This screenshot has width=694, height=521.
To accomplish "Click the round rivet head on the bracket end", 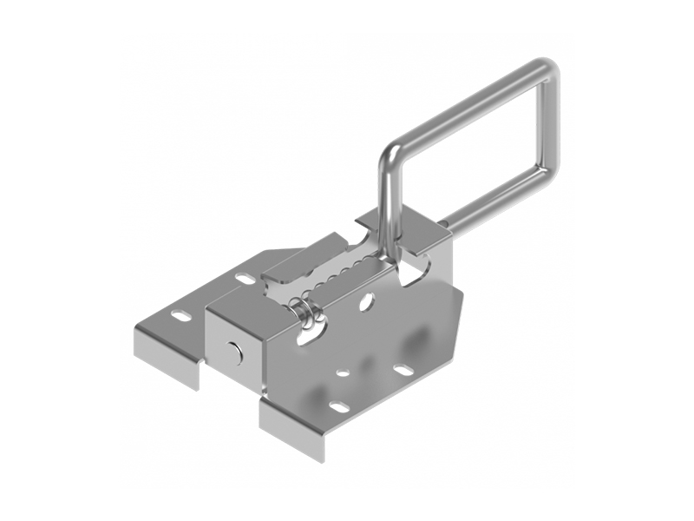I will pos(234,351).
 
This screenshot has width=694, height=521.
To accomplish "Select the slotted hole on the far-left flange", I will pos(180,313).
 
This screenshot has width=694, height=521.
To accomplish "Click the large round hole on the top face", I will pos(367,303).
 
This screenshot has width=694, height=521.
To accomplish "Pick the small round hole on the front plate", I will pos(344,373).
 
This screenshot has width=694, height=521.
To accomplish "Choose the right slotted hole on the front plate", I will pos(403,370).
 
